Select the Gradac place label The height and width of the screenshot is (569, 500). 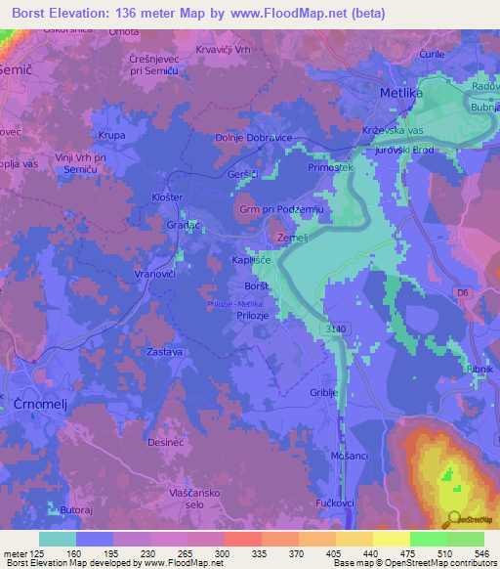(185, 224)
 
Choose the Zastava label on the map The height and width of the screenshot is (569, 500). (162, 348)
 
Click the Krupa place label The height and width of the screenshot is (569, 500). (112, 136)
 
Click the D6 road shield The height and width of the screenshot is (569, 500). (463, 290)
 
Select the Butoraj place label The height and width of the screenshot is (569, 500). (77, 510)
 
